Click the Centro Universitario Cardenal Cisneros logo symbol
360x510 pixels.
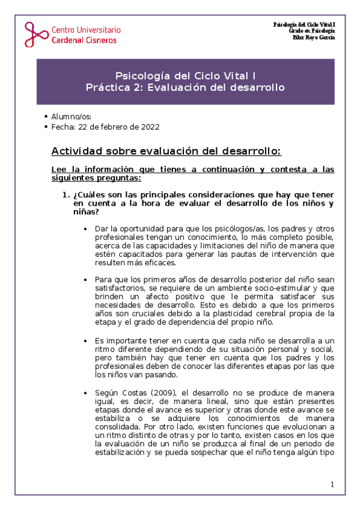point(35,34)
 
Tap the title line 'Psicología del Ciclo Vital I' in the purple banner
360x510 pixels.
point(185,76)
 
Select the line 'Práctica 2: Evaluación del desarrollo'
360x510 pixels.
point(185,88)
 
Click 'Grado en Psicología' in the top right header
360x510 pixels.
point(312,31)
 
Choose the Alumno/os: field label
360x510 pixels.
point(72,116)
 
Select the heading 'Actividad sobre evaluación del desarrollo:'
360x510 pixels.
point(166,150)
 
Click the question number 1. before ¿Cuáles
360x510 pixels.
point(67,195)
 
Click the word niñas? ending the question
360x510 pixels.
point(86,212)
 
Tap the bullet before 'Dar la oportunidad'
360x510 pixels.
point(88,229)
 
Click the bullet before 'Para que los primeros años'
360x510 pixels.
point(88,280)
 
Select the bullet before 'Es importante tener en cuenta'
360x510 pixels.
point(88,342)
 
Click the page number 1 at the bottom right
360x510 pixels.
point(332,484)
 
